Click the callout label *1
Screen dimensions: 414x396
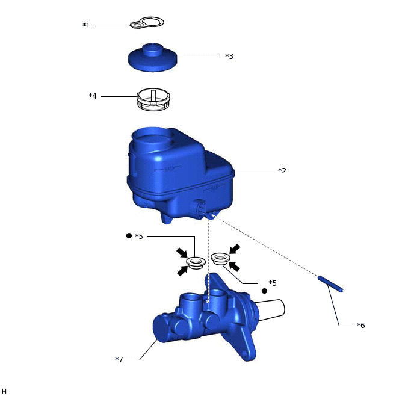[86, 26]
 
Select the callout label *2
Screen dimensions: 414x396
[282, 170]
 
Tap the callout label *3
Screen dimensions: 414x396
[229, 56]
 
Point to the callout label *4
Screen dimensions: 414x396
[93, 96]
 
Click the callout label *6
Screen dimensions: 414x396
[361, 325]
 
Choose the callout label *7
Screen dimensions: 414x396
[119, 359]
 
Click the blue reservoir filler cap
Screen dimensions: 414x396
[153, 58]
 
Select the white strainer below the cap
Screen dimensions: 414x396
[153, 99]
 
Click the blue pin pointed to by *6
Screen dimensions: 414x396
[330, 284]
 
